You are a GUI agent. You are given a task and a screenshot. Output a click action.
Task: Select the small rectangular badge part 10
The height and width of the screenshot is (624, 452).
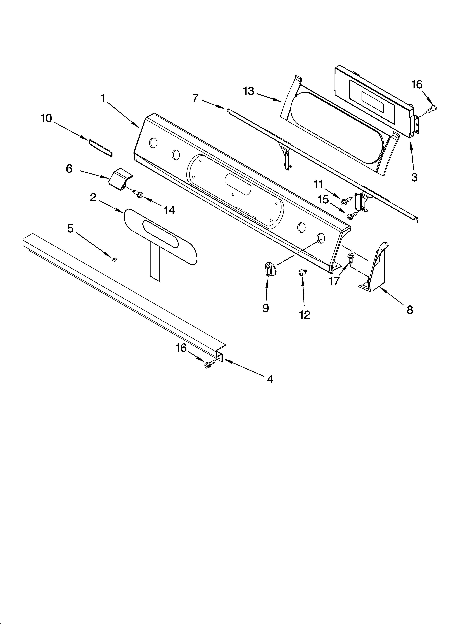click(x=100, y=148)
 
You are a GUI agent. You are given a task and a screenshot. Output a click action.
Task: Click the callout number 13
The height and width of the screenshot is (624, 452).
click(x=249, y=91)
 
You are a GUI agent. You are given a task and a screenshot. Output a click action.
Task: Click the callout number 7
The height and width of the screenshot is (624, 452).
click(x=195, y=98)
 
